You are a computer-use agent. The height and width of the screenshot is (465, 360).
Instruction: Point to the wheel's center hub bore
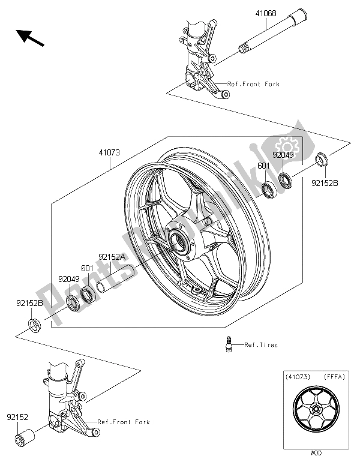tap(179, 242)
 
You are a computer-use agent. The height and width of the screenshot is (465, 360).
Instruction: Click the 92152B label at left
tap(29, 304)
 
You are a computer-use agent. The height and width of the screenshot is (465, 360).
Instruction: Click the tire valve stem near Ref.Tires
tap(227, 346)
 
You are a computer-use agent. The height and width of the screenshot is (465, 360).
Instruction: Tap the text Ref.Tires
tap(261, 345)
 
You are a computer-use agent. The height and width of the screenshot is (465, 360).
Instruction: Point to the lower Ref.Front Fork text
tap(124, 422)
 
